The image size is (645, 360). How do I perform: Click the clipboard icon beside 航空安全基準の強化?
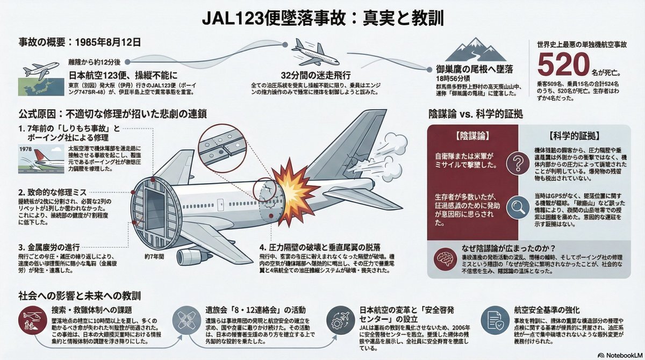(492, 320)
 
